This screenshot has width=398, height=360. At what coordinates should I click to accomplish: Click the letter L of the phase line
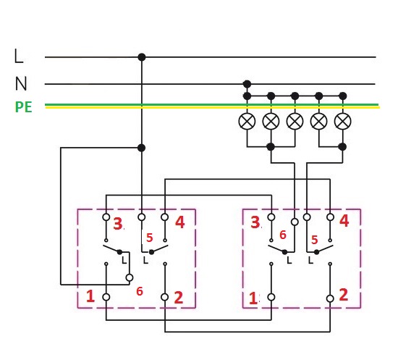coord(19,56)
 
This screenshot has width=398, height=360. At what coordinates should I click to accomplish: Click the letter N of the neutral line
coord(21,83)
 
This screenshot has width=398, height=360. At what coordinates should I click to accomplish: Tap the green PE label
coord(24,107)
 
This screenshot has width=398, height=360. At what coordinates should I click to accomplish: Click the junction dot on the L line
coord(142,57)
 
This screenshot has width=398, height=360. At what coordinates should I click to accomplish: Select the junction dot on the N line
coord(247,84)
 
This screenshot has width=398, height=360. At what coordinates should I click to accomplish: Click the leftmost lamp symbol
coord(247,121)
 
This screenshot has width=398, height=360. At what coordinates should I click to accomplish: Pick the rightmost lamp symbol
coord(343,121)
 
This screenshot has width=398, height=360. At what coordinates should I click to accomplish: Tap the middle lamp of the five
coord(295,121)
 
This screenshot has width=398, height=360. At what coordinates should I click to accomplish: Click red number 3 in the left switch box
coord(117,224)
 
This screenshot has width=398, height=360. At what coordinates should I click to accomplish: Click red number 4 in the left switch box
coord(179,222)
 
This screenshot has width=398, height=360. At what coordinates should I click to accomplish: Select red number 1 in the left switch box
coord(90,296)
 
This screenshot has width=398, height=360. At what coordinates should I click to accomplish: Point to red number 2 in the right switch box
coord(344,295)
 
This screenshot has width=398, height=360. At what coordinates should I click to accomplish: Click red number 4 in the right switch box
coord(344,220)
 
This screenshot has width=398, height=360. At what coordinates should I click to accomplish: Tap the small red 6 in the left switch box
coord(140,291)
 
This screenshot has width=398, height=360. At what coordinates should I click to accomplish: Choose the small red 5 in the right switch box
coord(314,240)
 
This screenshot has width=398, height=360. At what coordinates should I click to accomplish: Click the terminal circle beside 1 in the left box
coord(106,297)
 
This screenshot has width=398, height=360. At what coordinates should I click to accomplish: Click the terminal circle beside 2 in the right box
coord(330,298)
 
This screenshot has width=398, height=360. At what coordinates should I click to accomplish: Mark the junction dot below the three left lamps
coord(271,146)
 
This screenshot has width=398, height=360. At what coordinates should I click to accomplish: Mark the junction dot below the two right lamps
coord(343,146)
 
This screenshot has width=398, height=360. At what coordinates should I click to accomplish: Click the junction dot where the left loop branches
coord(141,148)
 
